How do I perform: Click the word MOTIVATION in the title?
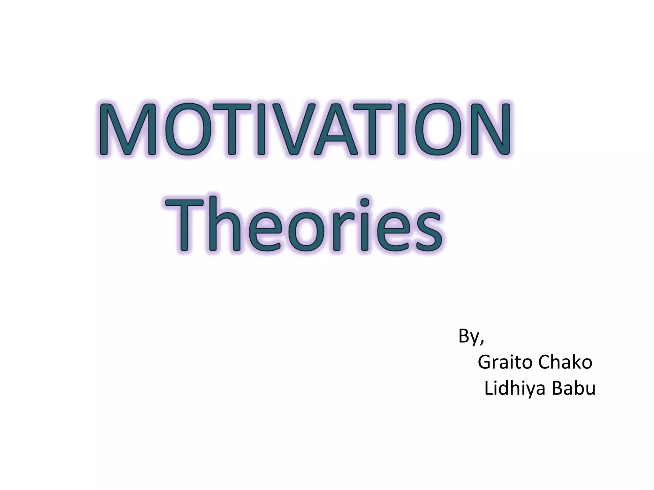click(x=305, y=129)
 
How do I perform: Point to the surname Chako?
click(x=565, y=362)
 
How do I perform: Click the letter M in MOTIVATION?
click(x=127, y=129)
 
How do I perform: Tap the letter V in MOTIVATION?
click(x=284, y=129)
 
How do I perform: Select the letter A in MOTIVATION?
click(x=332, y=129)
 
